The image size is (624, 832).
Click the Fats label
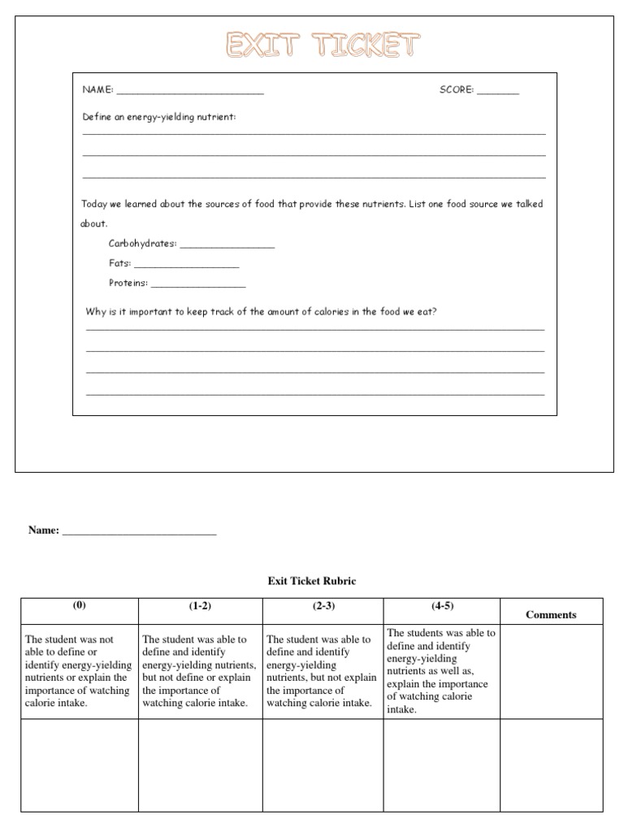[119, 263]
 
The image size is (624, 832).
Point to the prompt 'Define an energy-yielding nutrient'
[159, 117]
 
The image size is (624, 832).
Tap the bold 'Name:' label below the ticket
[44, 530]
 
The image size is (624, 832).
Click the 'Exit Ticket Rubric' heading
[312, 581]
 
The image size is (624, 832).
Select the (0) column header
[79, 606]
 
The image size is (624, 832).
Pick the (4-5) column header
[441, 606]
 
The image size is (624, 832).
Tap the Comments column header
[551, 615]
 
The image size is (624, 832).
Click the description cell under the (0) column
[79, 671]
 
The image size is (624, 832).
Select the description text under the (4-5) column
[440, 671]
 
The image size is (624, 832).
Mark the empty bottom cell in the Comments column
[551, 765]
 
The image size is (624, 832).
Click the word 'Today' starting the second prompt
[94, 204]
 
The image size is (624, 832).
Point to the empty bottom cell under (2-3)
[323, 765]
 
